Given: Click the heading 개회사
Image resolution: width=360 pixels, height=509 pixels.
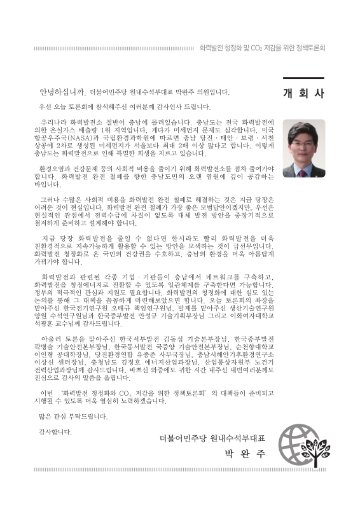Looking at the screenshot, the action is tap(303, 93).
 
